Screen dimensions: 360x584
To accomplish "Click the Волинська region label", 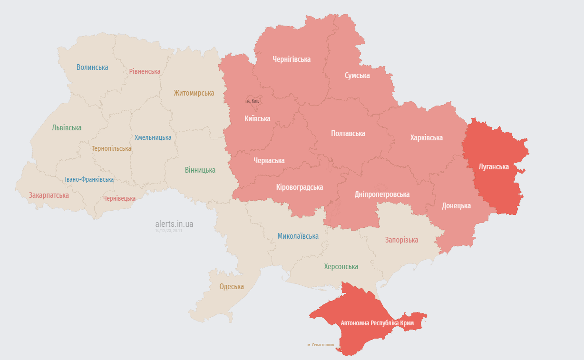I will click(x=92, y=68).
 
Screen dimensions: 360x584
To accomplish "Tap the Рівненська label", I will click(x=145, y=71).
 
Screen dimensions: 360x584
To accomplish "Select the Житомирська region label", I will click(x=194, y=93).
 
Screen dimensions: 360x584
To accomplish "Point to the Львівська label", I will click(x=67, y=128).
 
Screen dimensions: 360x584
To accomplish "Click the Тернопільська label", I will click(x=111, y=148).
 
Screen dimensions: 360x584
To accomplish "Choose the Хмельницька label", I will click(x=153, y=137).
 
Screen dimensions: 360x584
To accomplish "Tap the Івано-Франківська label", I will click(x=89, y=179).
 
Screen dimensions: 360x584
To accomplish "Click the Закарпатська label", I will click(x=49, y=195).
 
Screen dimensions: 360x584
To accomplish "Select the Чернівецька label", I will click(x=119, y=198).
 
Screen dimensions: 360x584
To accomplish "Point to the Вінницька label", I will click(x=200, y=170).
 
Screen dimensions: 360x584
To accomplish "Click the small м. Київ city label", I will click(x=253, y=101).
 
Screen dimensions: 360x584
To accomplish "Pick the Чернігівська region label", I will click(x=292, y=59).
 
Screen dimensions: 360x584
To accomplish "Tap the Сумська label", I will click(x=357, y=76).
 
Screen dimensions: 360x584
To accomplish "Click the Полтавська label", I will click(x=348, y=134).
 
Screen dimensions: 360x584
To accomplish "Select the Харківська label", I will click(x=426, y=138).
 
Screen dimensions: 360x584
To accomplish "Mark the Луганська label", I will click(x=494, y=167).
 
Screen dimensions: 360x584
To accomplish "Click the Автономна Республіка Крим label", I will click(x=377, y=323).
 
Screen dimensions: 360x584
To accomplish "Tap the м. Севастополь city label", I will click(x=321, y=345).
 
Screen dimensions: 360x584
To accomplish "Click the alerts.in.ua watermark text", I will click(x=174, y=224).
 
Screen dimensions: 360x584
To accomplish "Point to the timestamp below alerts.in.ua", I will click(x=168, y=231).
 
